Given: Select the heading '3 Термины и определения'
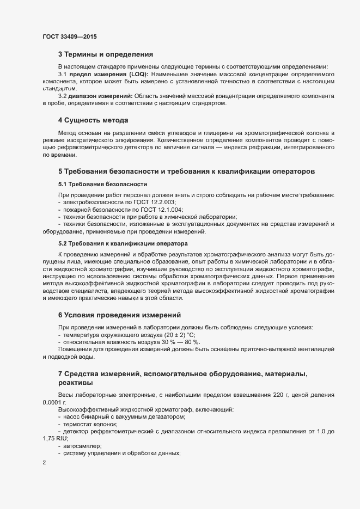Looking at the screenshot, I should point(106,54).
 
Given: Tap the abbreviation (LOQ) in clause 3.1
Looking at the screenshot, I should point(137,73).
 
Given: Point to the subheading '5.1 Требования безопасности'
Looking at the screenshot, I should point(102,185).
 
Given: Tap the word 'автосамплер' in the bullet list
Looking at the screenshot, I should point(82,446).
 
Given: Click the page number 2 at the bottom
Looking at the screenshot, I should point(44,463).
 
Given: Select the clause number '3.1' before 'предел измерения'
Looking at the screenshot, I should point(62,73).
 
